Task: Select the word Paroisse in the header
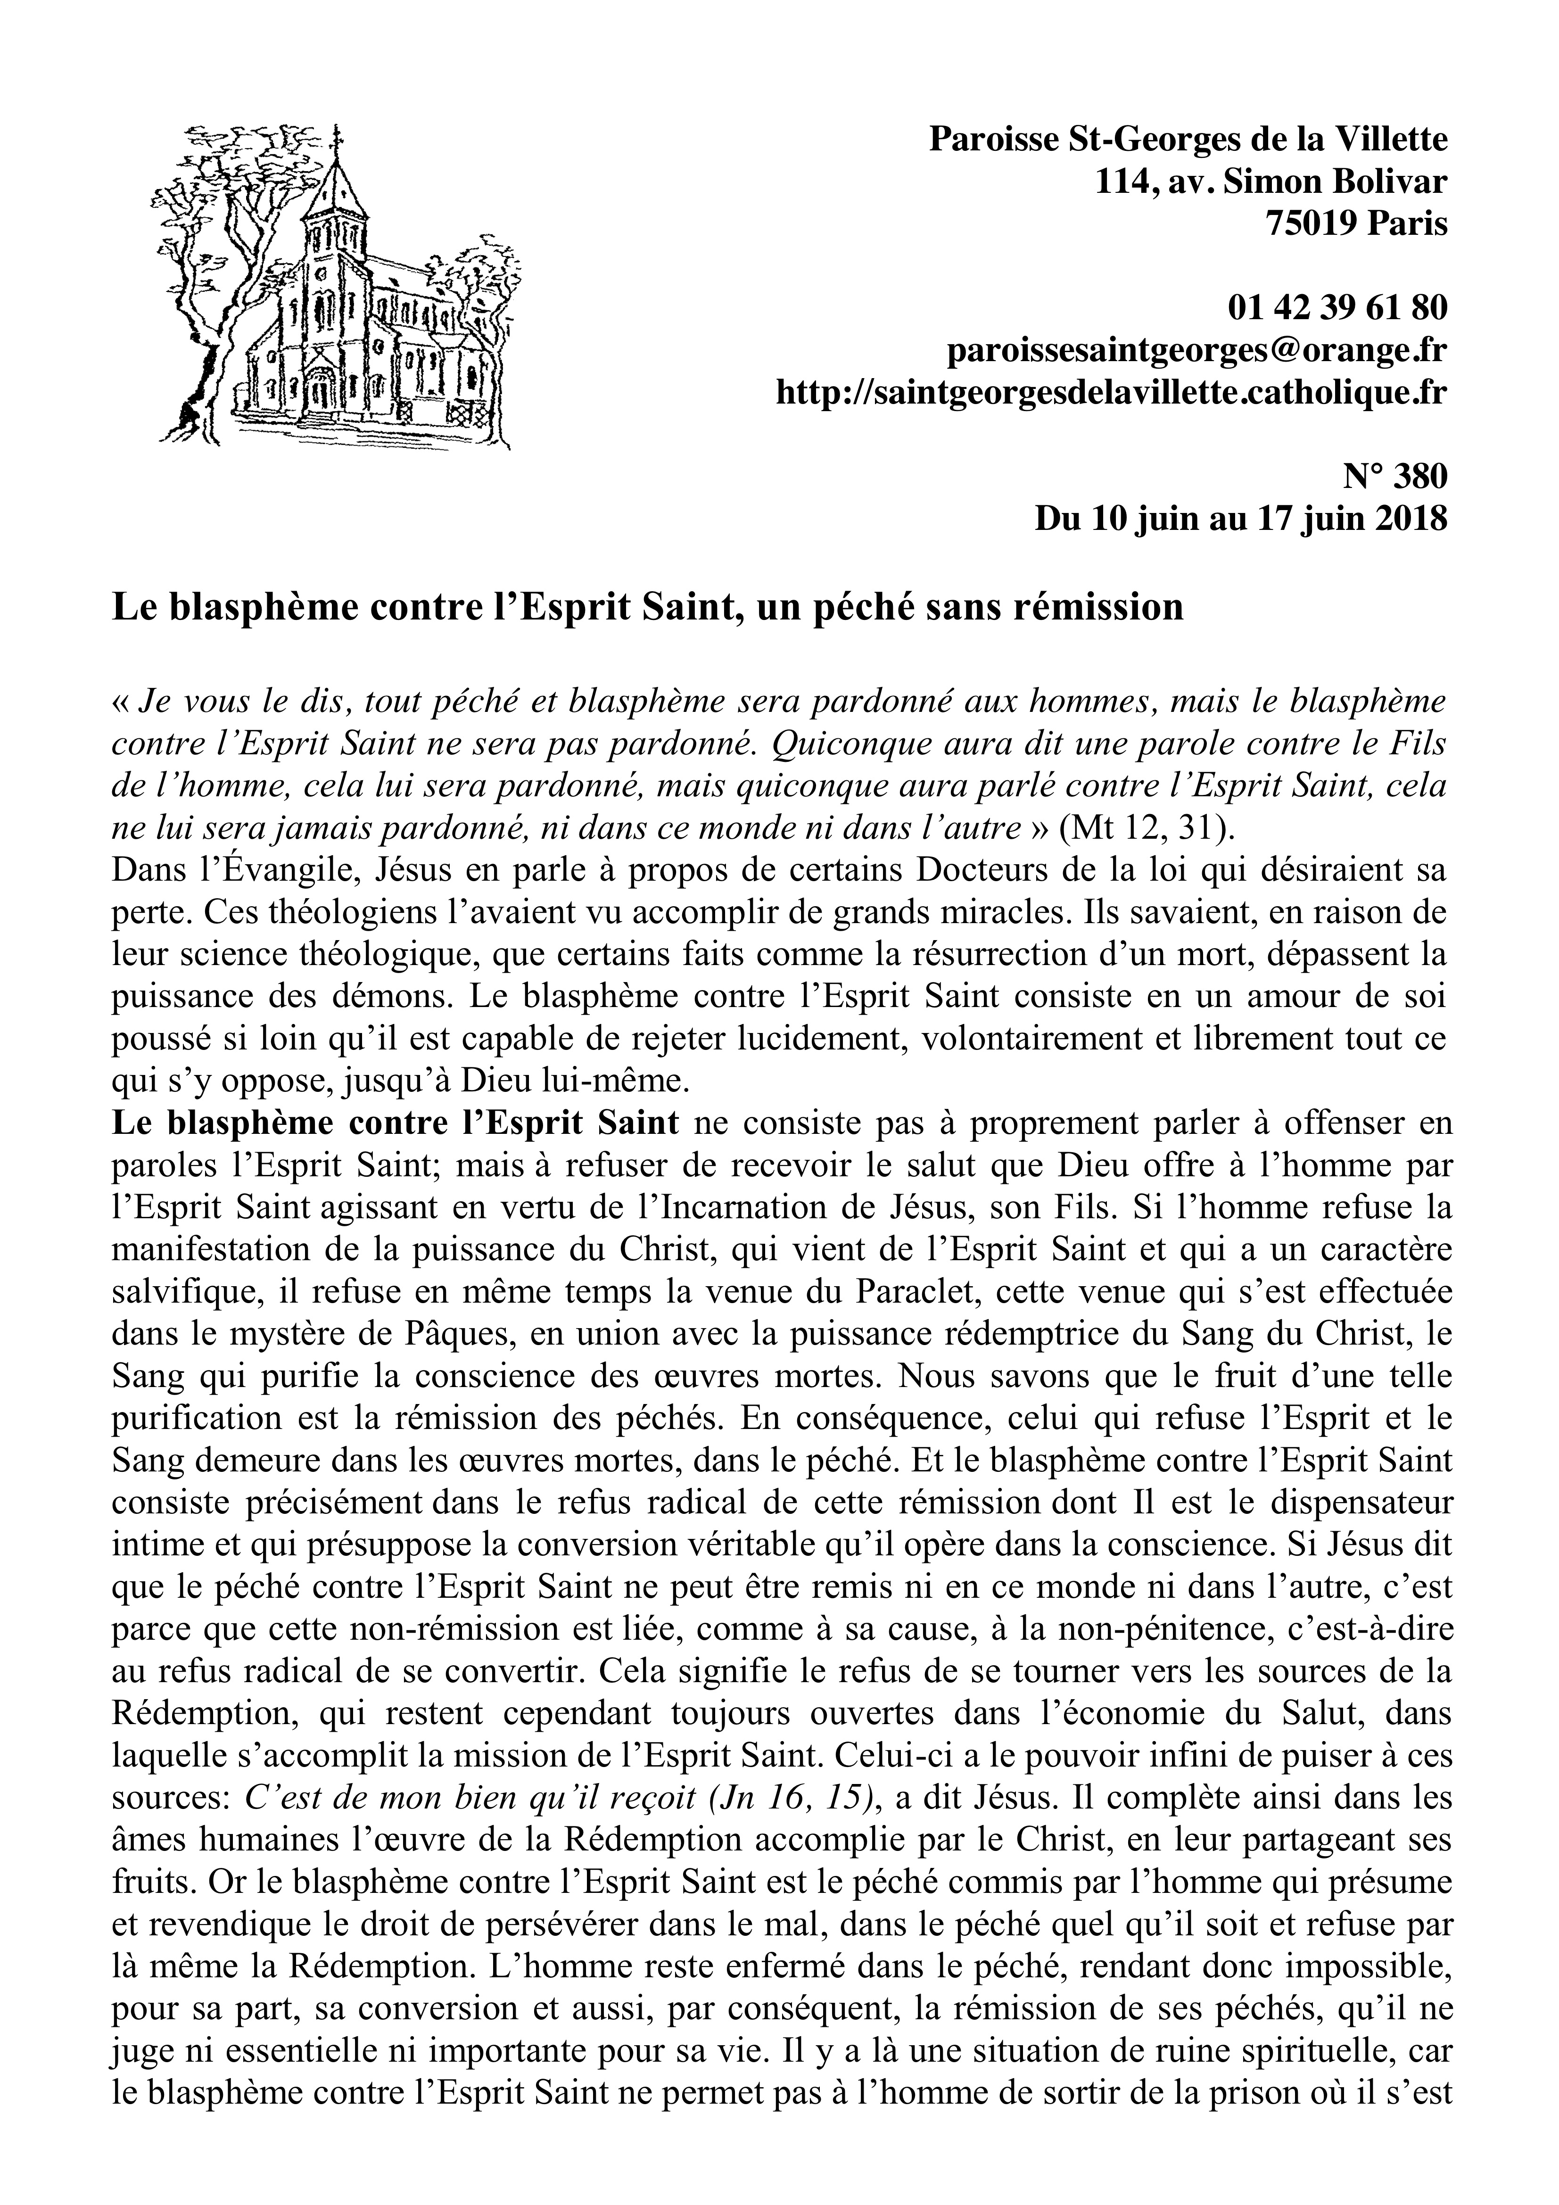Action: tap(991, 140)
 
